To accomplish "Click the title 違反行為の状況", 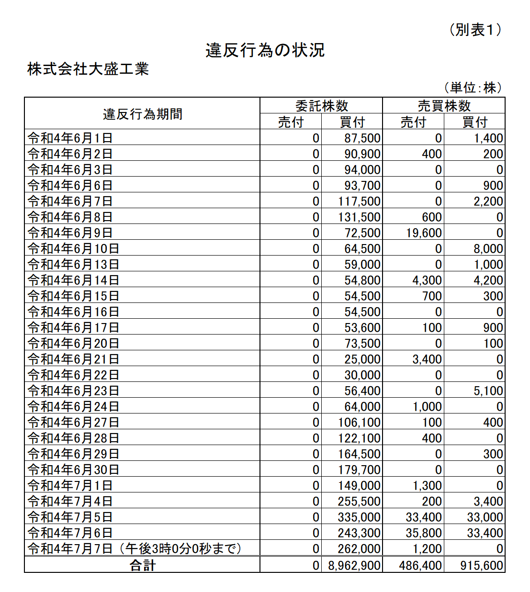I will click(x=265, y=50).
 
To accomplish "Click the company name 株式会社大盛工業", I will click(x=88, y=69).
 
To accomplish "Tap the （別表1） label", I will click(x=475, y=30).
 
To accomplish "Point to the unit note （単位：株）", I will click(x=473, y=88).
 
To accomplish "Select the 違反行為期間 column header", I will click(x=142, y=114).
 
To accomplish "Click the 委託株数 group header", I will click(x=321, y=106).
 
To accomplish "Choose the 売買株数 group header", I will click(x=444, y=106).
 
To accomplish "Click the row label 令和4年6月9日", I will click(x=70, y=233).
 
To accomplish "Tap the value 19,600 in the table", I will click(x=424, y=233).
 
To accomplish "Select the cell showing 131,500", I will click(x=359, y=217).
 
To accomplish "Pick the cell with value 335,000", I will click(x=359, y=517).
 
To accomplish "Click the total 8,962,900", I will click(x=354, y=565).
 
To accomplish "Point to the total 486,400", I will click(x=420, y=565).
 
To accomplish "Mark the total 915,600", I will click(x=482, y=565).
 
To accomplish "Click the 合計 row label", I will click(x=142, y=565).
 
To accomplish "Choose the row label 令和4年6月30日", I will click(x=73, y=469).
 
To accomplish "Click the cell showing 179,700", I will click(x=359, y=469).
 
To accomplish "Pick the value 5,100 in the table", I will click(x=488, y=391).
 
